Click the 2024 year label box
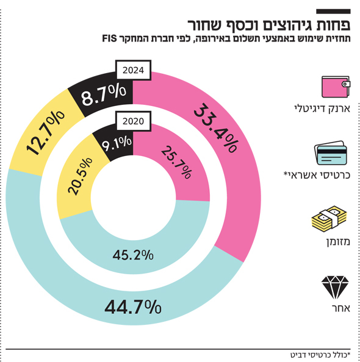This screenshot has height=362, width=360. pos(133,70)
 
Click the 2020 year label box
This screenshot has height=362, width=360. pos(133,121)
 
